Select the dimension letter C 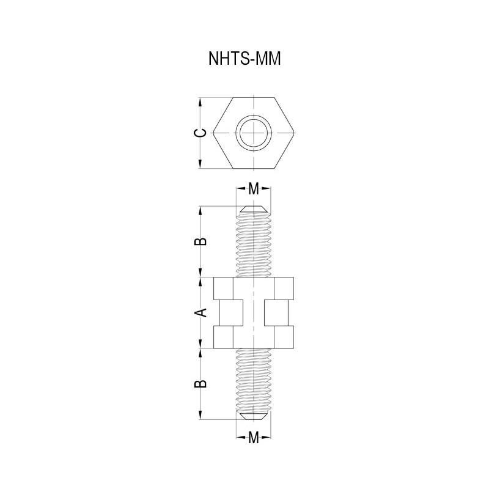[x=199, y=134]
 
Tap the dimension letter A [x=200, y=313]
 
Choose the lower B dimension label [x=200, y=384]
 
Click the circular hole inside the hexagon [x=253, y=134]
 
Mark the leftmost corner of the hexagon [x=211, y=134]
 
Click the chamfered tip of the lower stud [x=253, y=416]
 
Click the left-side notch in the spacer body [x=227, y=313]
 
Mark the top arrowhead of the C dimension [x=201, y=102]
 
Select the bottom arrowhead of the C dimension [x=201, y=166]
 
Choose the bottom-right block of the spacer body [x=284, y=337]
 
